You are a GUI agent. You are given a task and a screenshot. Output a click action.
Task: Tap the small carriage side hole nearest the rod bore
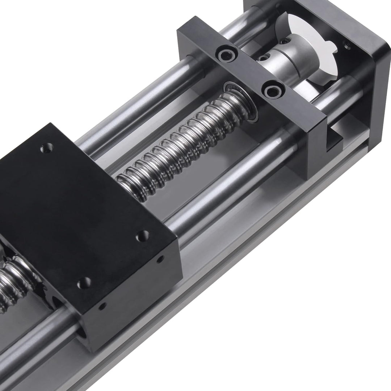click(102, 306)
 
